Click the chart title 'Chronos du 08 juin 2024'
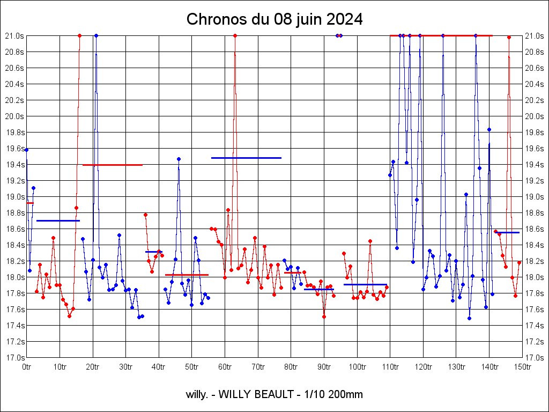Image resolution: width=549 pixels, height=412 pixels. coord(274,20)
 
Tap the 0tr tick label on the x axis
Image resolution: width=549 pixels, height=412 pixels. coord(26,367)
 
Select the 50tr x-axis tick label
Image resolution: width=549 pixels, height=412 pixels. coord(191,367)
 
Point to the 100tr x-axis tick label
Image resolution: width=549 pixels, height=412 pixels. coord(357,367)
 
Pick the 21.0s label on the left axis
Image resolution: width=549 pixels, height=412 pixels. coord(14,36)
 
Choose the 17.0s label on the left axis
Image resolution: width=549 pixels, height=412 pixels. coord(14,357)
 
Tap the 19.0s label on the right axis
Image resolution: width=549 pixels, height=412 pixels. coord(535,197)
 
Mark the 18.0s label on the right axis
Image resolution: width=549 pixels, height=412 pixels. coord(535,277)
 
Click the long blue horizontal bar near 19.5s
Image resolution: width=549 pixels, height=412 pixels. coord(246,158)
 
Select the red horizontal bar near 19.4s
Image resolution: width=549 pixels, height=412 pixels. coord(113,165)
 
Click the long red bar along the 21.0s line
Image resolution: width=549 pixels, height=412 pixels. coord(441,35)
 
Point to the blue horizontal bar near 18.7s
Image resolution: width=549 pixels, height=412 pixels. coord(58,220)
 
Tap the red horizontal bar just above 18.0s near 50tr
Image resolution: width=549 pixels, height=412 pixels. coord(187,275)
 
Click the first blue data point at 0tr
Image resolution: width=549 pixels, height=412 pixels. coord(26,150)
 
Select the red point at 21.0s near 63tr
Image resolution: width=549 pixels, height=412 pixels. coord(235,35)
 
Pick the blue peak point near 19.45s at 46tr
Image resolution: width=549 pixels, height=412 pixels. coord(179,159)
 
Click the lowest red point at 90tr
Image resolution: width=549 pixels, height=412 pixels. coord(324,317)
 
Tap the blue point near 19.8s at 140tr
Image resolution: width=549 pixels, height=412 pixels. coord(489,129)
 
